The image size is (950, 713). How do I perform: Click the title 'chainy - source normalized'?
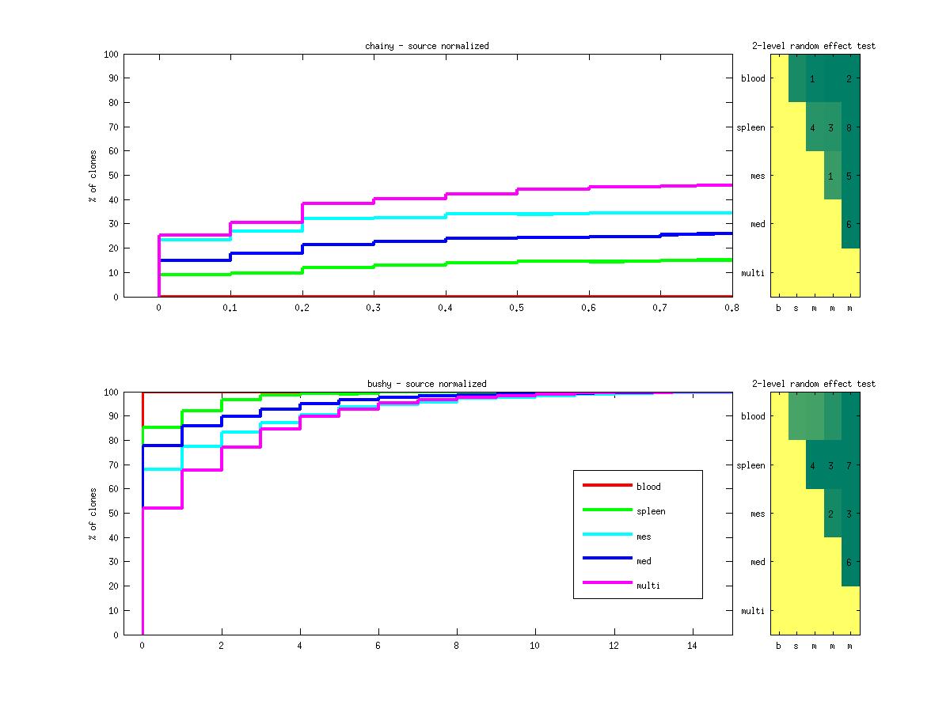tap(427, 46)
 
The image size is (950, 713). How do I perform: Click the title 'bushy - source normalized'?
tap(427, 384)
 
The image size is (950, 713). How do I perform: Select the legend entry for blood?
tap(648, 487)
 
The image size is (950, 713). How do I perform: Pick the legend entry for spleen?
tap(651, 511)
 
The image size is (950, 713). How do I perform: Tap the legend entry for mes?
tap(644, 537)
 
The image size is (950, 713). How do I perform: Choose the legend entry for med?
tap(644, 561)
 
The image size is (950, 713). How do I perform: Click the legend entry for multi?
tap(648, 586)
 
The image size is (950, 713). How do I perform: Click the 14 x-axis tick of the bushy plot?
tap(693, 646)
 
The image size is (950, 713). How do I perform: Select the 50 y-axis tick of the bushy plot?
tap(113, 514)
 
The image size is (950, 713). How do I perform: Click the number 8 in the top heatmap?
tap(848, 127)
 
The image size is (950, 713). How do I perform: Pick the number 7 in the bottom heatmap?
tap(848, 465)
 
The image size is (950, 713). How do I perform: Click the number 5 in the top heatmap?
tap(848, 176)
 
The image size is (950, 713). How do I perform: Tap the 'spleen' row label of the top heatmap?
tap(750, 127)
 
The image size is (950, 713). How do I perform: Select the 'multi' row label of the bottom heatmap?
tap(753, 611)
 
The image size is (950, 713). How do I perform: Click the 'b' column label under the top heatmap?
tap(778, 308)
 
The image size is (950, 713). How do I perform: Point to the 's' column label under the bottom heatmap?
tap(796, 646)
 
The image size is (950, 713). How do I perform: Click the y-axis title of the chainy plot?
tap(93, 176)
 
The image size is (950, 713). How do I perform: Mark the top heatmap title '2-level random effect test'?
tap(814, 46)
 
